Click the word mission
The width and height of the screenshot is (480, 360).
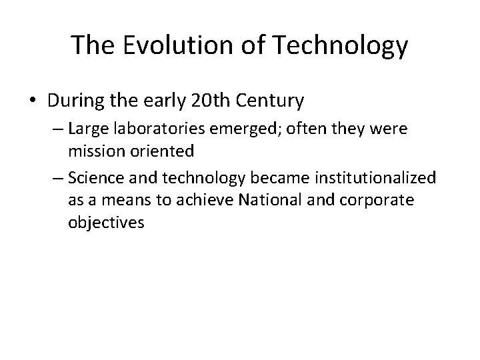click(92, 151)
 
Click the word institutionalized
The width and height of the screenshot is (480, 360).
click(379, 179)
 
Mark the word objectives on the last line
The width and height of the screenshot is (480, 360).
click(105, 222)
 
